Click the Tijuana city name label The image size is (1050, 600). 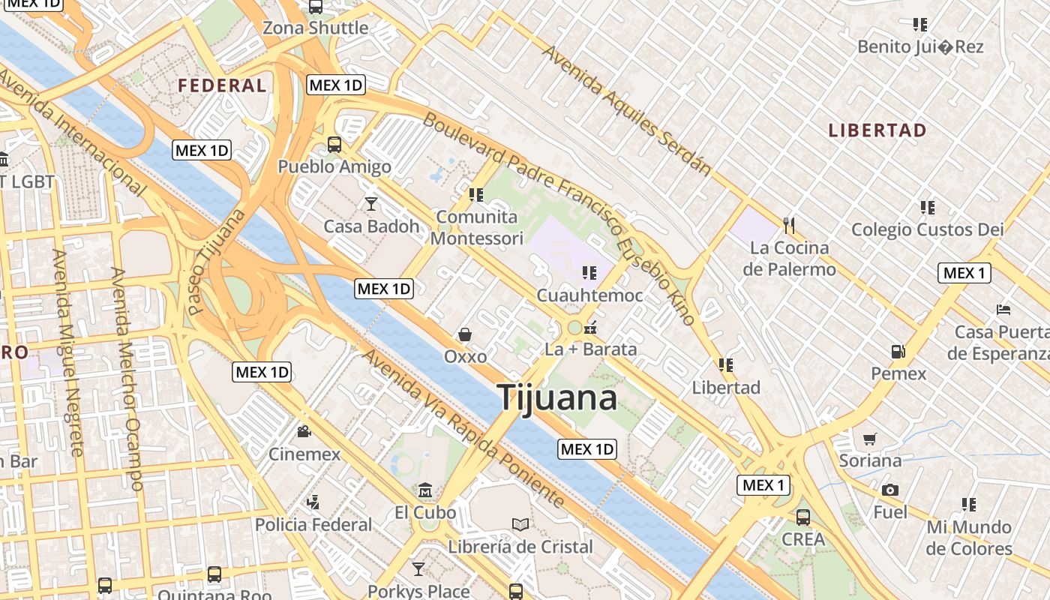coord(558,397)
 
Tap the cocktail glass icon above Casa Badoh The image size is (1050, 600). coord(370,203)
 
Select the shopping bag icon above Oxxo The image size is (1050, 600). coord(465,334)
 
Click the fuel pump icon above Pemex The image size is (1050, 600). coord(898,351)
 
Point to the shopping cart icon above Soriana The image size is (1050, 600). coord(869,439)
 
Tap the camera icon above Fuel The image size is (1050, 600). coord(890,490)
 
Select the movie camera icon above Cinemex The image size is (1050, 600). coord(304,431)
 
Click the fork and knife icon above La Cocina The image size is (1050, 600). coord(788,224)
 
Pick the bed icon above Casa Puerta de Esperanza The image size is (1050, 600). coord(1003,309)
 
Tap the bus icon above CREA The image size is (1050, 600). coord(803,517)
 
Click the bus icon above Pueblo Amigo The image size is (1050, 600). coord(334,144)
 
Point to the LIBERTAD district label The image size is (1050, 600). coord(877,130)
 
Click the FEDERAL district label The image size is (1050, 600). coord(222,85)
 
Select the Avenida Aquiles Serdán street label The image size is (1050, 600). coord(626,110)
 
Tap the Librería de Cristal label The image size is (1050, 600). coord(520,547)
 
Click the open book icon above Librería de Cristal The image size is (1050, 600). coord(520,524)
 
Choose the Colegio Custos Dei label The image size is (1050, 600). coord(927,229)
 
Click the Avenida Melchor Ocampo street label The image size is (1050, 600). coord(126,379)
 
